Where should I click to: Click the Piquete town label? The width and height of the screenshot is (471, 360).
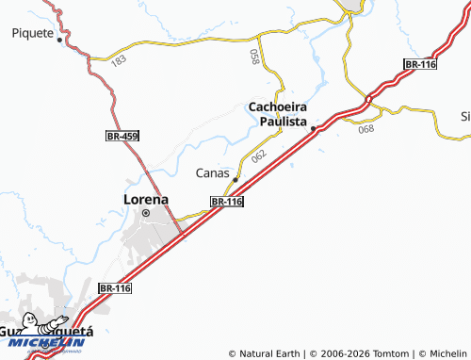33,32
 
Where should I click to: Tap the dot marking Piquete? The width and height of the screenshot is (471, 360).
59,41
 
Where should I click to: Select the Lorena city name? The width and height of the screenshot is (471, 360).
146,199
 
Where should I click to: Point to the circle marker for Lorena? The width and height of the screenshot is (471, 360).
146,214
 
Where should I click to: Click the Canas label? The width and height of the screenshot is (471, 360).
212,172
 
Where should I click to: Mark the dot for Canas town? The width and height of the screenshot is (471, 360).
235,178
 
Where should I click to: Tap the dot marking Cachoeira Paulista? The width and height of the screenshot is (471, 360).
313,128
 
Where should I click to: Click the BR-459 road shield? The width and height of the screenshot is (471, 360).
122,137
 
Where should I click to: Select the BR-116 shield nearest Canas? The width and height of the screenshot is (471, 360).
227,202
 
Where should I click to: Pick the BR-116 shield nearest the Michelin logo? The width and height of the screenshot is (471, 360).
115,287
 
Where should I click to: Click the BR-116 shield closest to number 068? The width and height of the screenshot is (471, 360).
418,63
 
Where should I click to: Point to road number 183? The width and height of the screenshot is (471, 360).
118,60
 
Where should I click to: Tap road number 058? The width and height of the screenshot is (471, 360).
254,57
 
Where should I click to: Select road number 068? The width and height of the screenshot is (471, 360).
366,129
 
